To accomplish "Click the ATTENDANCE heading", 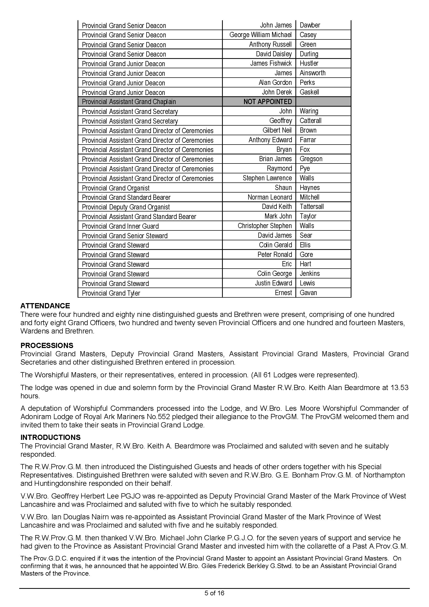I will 45,306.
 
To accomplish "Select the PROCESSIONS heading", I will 47,345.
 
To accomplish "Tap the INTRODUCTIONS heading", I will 51,437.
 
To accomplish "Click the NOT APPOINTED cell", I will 268,102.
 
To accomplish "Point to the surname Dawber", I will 310,25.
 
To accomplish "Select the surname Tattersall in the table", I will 312,207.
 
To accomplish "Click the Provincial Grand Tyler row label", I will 111,293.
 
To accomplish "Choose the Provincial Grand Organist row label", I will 116,188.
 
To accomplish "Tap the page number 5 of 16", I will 214,593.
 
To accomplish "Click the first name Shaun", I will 283,188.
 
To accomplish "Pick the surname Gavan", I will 308,293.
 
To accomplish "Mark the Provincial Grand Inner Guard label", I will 120,226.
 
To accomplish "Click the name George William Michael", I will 260,35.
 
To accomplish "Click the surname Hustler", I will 309,63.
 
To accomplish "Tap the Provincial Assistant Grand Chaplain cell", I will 129,102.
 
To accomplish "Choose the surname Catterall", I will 310,121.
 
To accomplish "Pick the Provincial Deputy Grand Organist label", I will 126,207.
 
